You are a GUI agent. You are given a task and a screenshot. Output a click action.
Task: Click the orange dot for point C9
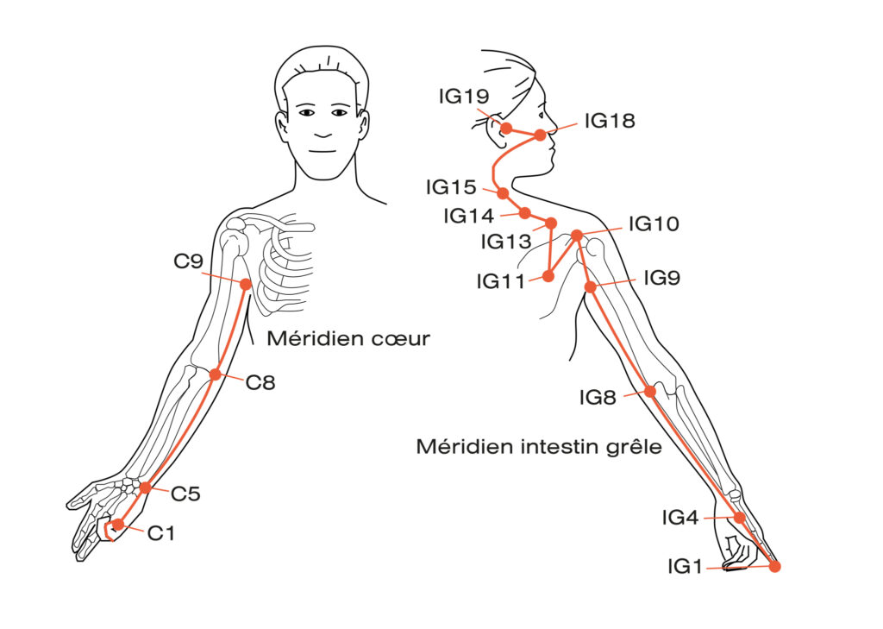[x=246, y=284]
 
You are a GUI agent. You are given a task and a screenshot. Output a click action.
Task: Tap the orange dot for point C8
[x=216, y=374]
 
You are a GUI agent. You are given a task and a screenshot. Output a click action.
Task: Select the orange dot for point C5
[x=146, y=487]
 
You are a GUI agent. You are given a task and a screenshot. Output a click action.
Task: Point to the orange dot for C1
[x=117, y=525]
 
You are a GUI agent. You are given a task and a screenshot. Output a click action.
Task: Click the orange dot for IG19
[x=507, y=128]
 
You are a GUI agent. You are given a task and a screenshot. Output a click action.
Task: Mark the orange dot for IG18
[x=540, y=135]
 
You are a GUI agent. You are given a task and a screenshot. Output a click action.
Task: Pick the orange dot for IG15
[x=503, y=193]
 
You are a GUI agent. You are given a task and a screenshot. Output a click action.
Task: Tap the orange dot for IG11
[x=548, y=276]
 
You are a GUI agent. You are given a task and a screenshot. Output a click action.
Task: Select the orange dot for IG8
[x=650, y=391]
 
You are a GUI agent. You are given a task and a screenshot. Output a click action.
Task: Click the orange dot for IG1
[x=774, y=567]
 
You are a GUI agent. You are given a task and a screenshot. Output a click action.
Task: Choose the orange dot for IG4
[x=739, y=518]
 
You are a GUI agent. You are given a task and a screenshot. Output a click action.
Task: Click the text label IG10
[x=654, y=224]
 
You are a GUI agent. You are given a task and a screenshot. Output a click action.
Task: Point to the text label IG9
[x=661, y=278]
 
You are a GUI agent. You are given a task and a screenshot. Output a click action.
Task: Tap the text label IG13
[x=506, y=242]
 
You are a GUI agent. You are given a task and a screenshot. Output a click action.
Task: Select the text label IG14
[x=469, y=216]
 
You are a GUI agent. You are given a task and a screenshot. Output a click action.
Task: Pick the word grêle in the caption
[x=633, y=447]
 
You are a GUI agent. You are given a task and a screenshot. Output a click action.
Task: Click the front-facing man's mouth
[x=323, y=135]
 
